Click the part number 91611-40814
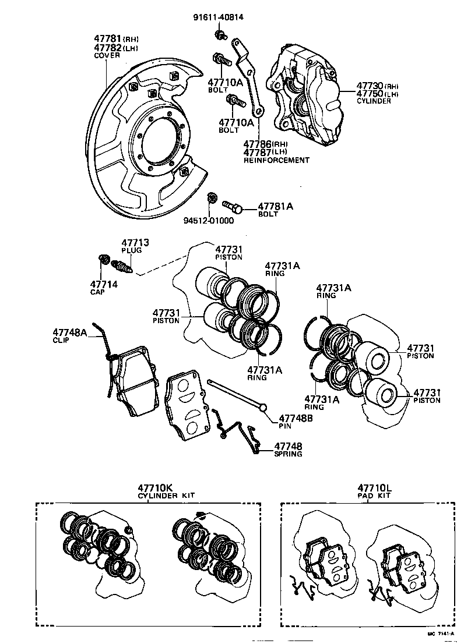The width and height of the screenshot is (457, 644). point(218,17)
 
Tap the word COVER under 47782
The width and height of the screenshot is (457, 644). point(107,56)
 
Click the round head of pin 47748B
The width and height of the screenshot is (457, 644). point(263,407)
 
